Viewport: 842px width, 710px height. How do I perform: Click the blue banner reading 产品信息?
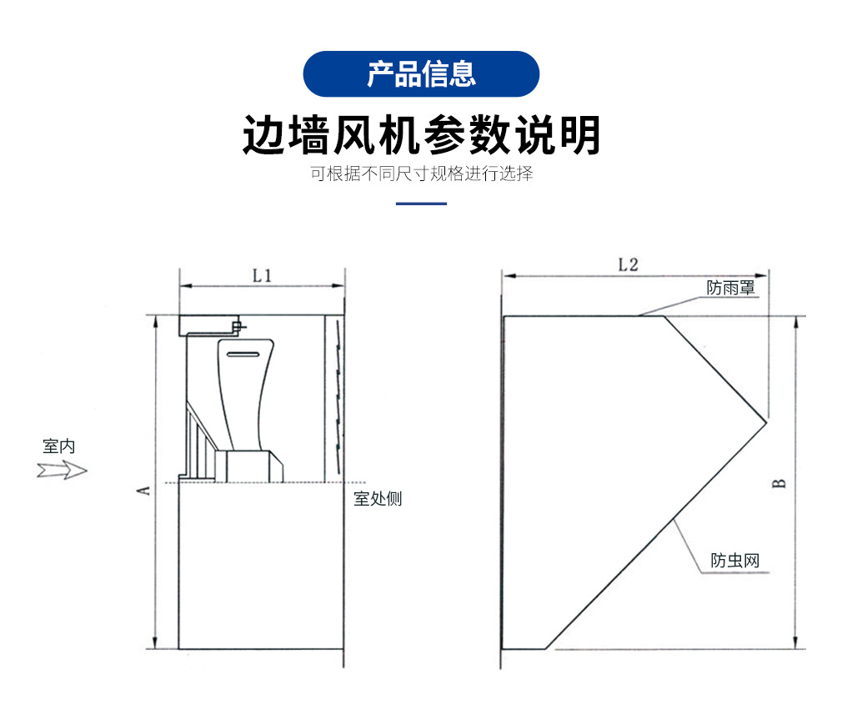click(421, 74)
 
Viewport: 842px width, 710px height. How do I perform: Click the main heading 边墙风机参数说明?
click(422, 135)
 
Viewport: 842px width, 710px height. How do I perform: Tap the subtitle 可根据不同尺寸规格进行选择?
click(422, 174)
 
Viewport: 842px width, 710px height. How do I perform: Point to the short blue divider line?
click(421, 204)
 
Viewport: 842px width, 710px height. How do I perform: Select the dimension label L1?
click(262, 276)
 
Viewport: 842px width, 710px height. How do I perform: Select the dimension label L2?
click(629, 264)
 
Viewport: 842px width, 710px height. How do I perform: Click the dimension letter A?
click(144, 491)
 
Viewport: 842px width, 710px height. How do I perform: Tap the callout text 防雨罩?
click(730, 288)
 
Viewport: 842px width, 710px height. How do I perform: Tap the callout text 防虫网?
click(735, 561)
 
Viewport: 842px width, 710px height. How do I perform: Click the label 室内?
click(59, 446)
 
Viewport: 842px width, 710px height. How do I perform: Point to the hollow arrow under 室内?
click(62, 471)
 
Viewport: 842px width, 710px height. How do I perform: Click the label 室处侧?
click(378, 499)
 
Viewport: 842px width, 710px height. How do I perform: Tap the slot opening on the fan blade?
click(243, 355)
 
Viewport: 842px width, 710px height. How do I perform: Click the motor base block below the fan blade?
click(249, 466)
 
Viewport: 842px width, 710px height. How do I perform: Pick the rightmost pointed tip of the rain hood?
click(766, 422)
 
